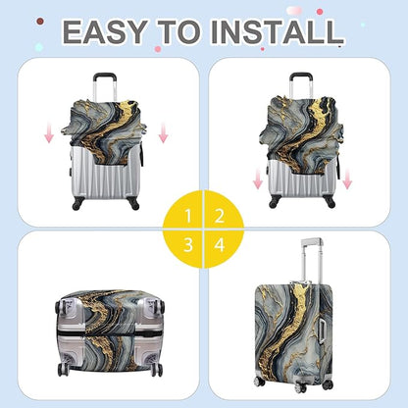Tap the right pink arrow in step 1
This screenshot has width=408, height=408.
(x=163, y=131)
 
